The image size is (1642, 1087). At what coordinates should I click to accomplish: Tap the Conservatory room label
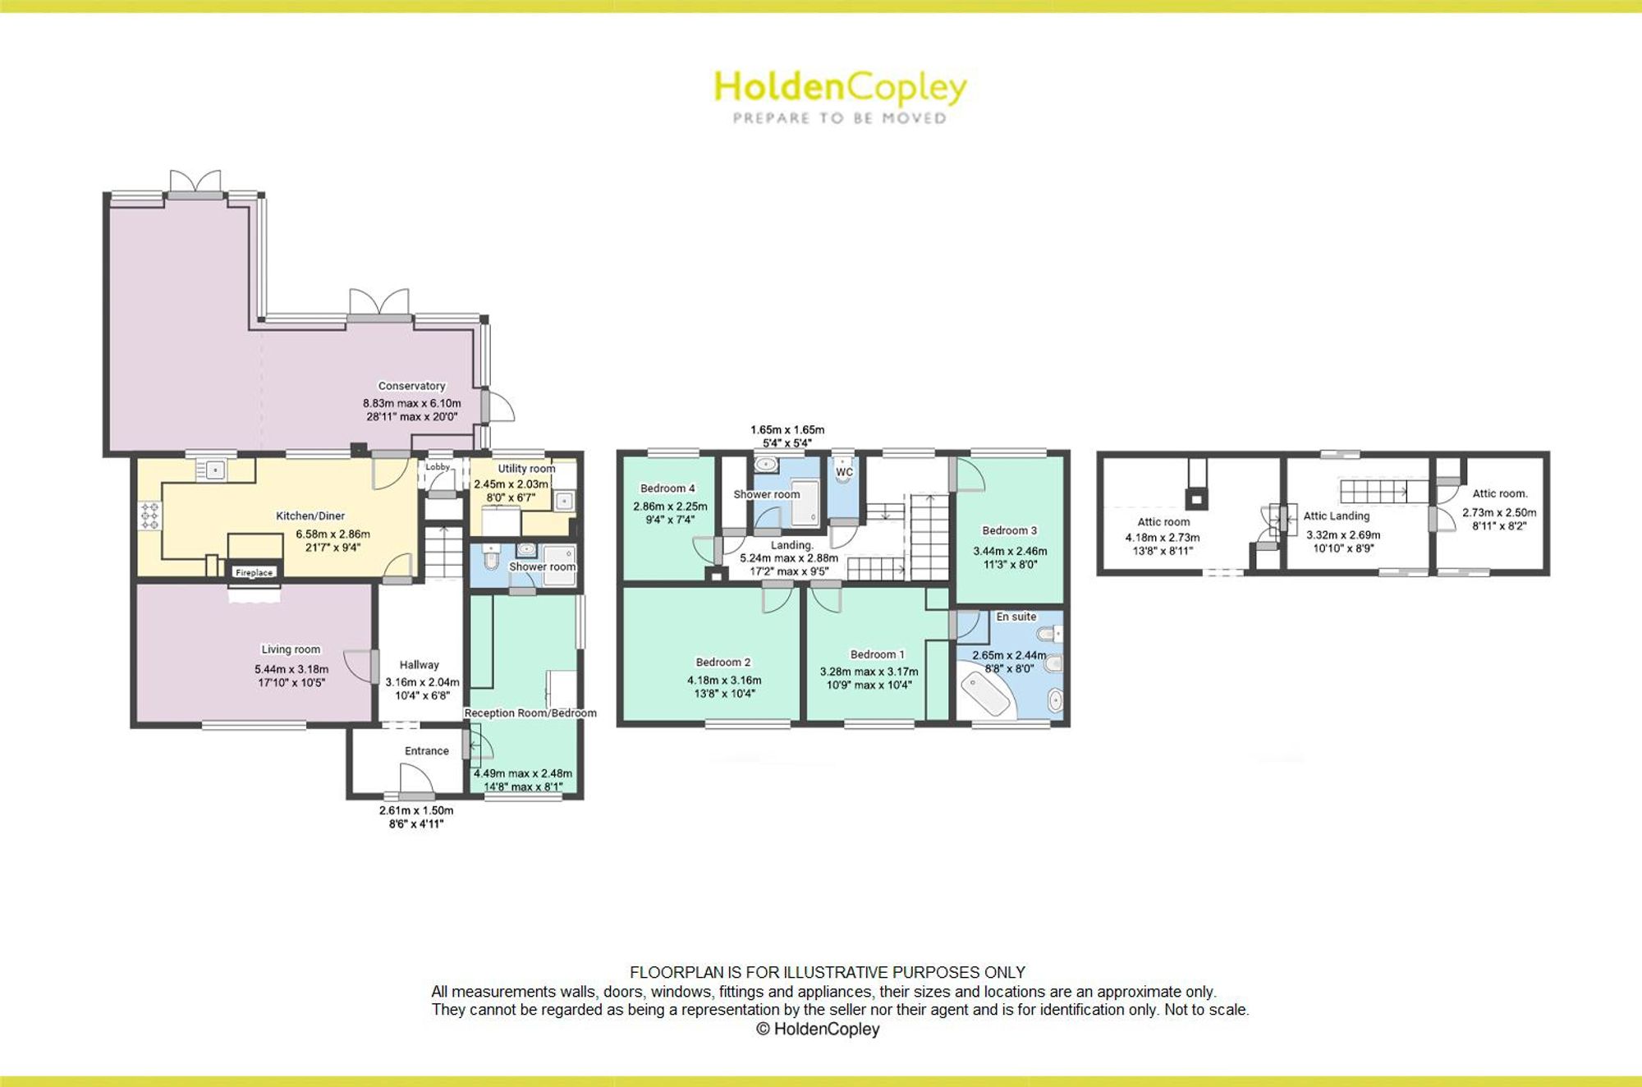click(411, 386)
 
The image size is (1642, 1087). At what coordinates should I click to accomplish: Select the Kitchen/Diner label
click(310, 516)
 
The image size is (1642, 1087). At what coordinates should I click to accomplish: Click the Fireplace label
click(254, 572)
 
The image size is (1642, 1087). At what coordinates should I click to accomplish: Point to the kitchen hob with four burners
click(149, 515)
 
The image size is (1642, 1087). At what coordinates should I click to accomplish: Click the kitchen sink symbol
click(213, 470)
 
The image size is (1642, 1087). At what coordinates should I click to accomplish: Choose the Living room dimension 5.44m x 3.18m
click(291, 669)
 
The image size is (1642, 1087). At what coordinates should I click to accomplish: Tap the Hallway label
click(419, 665)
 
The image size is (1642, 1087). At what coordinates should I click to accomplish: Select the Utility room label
click(526, 469)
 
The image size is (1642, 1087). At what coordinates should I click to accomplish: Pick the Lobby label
click(438, 467)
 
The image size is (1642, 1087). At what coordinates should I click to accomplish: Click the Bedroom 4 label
click(667, 488)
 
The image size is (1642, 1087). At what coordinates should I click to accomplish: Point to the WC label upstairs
click(845, 472)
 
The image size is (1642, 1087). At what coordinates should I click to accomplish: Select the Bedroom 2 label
click(723, 662)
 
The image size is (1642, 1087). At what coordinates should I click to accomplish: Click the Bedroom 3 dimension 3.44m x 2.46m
click(1010, 552)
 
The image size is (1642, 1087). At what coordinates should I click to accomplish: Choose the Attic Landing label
click(1337, 516)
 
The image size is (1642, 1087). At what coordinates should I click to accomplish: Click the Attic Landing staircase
click(1374, 491)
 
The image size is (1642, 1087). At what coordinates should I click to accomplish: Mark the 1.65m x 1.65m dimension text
click(787, 429)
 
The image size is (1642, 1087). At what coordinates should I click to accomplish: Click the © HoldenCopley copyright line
click(818, 1029)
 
